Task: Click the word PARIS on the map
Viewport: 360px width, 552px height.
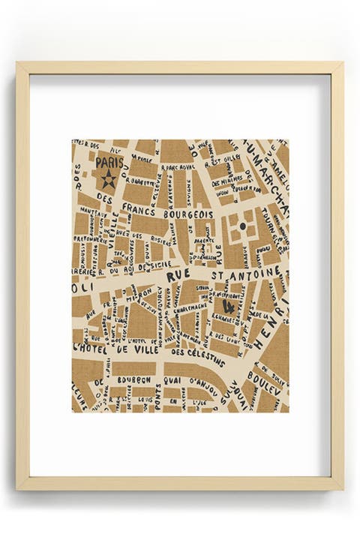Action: pyautogui.click(x=109, y=161)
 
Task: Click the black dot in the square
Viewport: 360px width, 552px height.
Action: pyautogui.click(x=242, y=224)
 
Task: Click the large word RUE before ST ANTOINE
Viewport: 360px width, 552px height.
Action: pyautogui.click(x=178, y=275)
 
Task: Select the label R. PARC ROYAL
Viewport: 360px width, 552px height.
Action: pyautogui.click(x=178, y=168)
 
